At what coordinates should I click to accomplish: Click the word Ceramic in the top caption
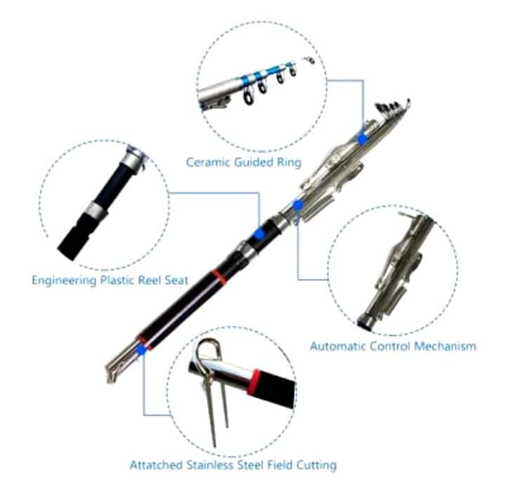coord(208,162)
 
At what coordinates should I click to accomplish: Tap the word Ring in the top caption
coord(290,162)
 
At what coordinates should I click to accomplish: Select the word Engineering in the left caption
coord(64,280)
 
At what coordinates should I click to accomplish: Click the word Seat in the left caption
coord(176,280)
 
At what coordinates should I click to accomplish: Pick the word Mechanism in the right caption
coord(445,347)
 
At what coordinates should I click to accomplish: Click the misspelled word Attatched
coord(156,465)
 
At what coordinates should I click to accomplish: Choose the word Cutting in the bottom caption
coord(316,465)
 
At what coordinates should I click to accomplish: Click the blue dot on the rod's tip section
coord(363,139)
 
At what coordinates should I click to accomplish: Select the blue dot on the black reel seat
coord(259,234)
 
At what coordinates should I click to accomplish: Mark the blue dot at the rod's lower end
coord(141,349)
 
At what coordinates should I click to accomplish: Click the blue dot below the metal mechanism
coord(297,205)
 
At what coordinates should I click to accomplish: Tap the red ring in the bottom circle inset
coord(254,382)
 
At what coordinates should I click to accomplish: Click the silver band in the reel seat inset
coord(96,210)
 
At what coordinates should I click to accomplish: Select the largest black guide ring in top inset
coord(248,96)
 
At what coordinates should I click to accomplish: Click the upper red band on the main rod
coord(219,278)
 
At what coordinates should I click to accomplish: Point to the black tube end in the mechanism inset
coord(365,321)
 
